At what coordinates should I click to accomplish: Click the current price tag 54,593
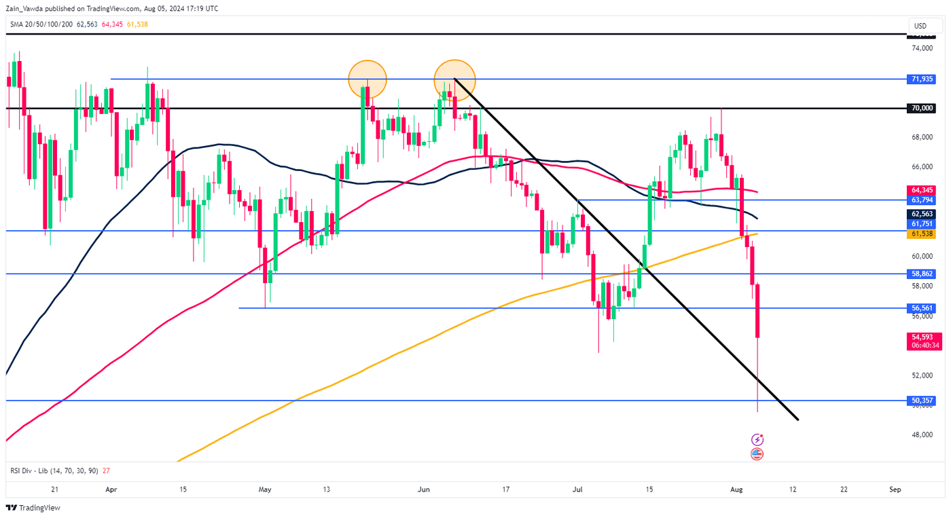pos(925,337)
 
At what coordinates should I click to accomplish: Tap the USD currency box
pos(920,26)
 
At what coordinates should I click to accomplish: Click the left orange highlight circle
pos(367,79)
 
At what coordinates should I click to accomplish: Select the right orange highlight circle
pos(454,79)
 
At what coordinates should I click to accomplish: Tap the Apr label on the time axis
pos(111,489)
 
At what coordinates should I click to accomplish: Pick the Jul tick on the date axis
pos(578,489)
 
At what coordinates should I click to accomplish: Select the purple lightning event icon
pos(757,440)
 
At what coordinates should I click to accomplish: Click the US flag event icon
pos(757,454)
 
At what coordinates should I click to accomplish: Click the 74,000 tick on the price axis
pos(920,48)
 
